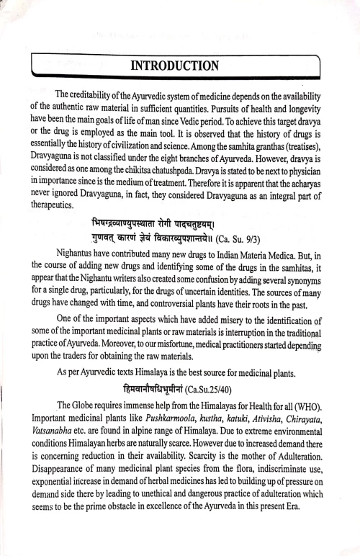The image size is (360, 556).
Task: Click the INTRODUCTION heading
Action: pos(180,66)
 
